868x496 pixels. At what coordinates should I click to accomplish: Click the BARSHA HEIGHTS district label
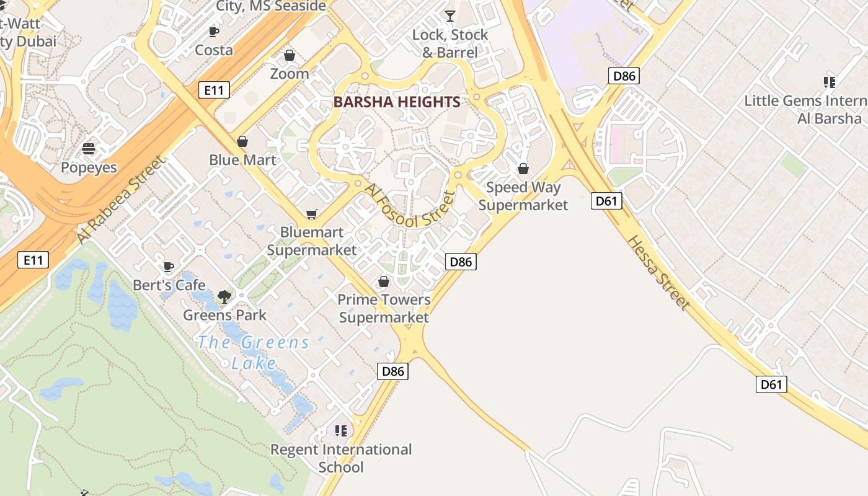tap(397, 102)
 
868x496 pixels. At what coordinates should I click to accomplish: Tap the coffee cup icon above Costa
tap(214, 32)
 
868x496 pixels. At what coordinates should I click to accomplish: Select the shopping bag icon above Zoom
tap(289, 56)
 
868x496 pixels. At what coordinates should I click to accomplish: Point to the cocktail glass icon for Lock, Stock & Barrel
tap(450, 16)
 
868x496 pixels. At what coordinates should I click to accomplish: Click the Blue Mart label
tap(242, 160)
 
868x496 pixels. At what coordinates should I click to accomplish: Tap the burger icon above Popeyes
tap(89, 149)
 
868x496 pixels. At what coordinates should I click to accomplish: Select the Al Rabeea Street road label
tap(121, 200)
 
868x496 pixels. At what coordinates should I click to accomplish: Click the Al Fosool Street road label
tap(409, 205)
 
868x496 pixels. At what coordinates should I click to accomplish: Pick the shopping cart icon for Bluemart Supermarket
tap(312, 215)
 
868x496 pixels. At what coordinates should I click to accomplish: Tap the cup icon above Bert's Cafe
tap(168, 267)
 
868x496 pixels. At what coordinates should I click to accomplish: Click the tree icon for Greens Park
tap(224, 297)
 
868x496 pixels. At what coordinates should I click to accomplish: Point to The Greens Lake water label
tap(254, 352)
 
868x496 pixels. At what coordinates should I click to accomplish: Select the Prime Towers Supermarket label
tap(384, 308)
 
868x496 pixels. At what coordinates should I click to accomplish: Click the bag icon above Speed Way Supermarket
tap(523, 169)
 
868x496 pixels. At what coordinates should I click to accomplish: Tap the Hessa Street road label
tap(658, 272)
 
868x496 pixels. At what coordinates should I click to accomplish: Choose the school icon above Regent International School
tap(340, 430)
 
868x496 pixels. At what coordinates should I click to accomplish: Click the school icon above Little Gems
tap(830, 82)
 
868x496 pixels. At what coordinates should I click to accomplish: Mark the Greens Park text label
tap(224, 315)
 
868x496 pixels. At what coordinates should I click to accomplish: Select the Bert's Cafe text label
tap(169, 285)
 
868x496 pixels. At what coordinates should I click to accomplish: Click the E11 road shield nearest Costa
tap(214, 91)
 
